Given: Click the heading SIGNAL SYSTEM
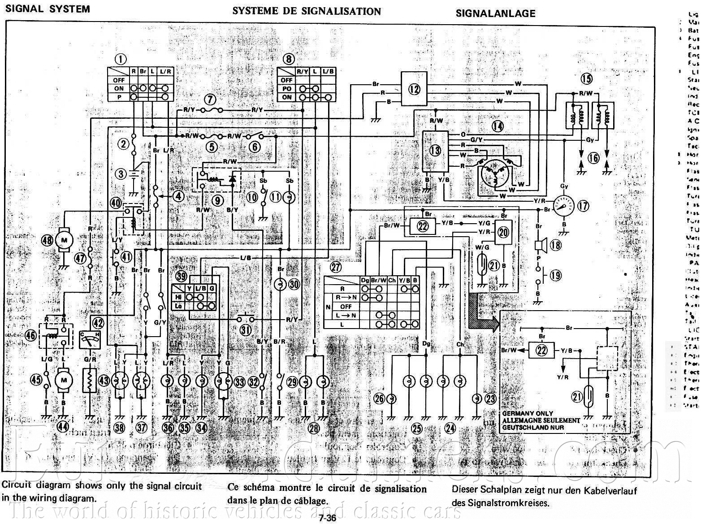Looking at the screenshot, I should (x=48, y=9).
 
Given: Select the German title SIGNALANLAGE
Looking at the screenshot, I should (x=495, y=13).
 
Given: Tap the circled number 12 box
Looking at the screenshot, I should (x=414, y=89).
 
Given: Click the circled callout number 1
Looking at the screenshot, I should (x=120, y=58).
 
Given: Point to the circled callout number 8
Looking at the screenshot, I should (x=289, y=58).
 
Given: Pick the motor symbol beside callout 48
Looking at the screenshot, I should (x=64, y=241).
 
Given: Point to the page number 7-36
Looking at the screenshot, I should (x=327, y=518).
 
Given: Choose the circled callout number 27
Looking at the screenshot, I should (x=336, y=268).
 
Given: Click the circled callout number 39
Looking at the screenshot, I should (x=181, y=276).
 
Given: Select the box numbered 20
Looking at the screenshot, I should (x=503, y=232).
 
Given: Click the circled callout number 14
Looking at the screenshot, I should (x=498, y=127).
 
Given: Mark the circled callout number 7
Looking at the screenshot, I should (x=211, y=100).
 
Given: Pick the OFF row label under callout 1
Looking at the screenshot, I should (x=119, y=80).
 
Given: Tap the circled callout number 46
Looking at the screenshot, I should (x=31, y=335).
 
